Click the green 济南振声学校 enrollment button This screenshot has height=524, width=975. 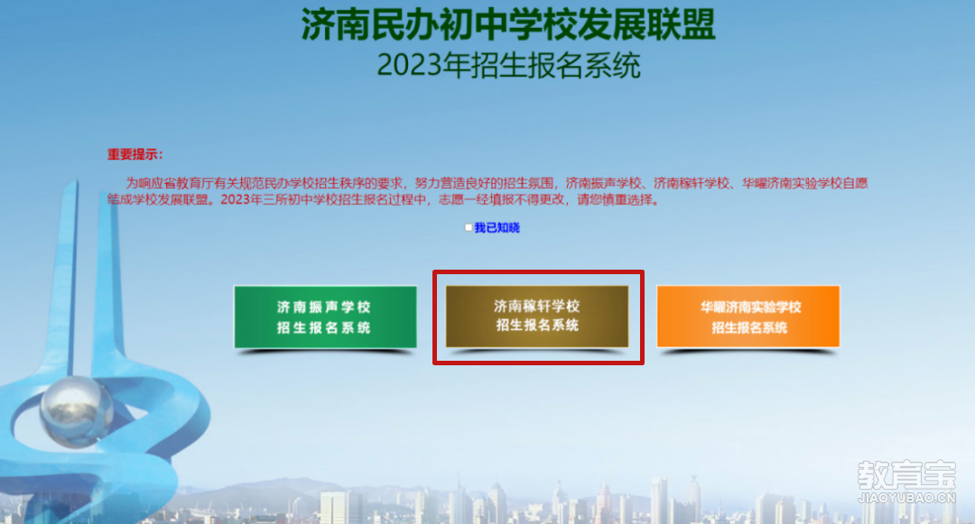click(325, 317)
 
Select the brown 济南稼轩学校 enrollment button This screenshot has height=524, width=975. click(537, 316)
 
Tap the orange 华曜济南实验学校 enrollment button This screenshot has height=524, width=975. click(748, 317)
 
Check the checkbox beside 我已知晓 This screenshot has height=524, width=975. click(469, 228)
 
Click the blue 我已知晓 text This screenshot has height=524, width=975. click(497, 228)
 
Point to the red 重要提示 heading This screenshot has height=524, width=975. click(135, 154)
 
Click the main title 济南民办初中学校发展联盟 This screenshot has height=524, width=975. click(508, 25)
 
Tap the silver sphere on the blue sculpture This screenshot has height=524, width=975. click(77, 411)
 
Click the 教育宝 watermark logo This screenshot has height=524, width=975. click(906, 475)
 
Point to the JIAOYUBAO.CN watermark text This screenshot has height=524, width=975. click(906, 498)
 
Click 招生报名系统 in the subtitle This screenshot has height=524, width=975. click(555, 65)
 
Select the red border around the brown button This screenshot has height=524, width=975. click(538, 272)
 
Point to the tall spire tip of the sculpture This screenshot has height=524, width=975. click(77, 180)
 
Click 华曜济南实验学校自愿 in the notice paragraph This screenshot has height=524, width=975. click(804, 183)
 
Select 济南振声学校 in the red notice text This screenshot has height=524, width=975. click(603, 183)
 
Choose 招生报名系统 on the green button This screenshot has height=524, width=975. click(324, 327)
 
